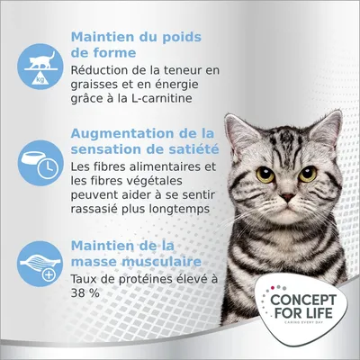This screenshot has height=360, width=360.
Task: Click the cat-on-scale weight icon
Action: pyautogui.click(x=40, y=67)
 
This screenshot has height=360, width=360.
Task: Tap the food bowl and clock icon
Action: pyautogui.click(x=40, y=163)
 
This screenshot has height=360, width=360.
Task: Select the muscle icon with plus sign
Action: pyautogui.click(x=40, y=264)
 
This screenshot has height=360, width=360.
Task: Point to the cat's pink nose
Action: pyautogui.click(x=287, y=197)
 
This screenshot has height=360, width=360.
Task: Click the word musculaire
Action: pyautogui.click(x=161, y=262)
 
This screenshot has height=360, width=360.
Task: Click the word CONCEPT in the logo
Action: pyautogui.click(x=303, y=300)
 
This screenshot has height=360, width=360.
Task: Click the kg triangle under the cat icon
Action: pyautogui.click(x=40, y=79)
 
